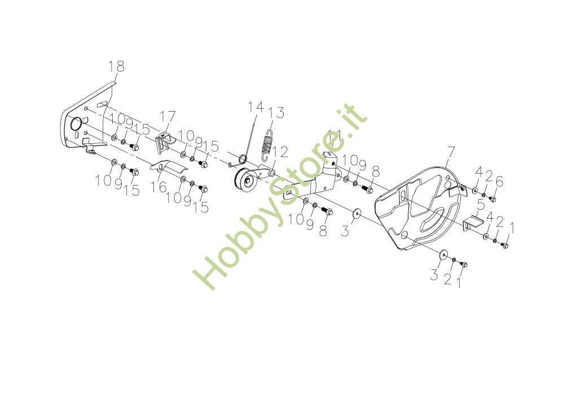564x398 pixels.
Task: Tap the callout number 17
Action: (168, 117)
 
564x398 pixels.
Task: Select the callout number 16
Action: (160, 187)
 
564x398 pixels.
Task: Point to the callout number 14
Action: (255, 107)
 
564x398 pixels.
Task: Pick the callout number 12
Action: (280, 151)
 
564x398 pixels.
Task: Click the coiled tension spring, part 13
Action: (268, 144)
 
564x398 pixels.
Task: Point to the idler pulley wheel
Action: (244, 182)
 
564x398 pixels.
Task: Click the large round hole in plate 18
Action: (74, 125)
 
